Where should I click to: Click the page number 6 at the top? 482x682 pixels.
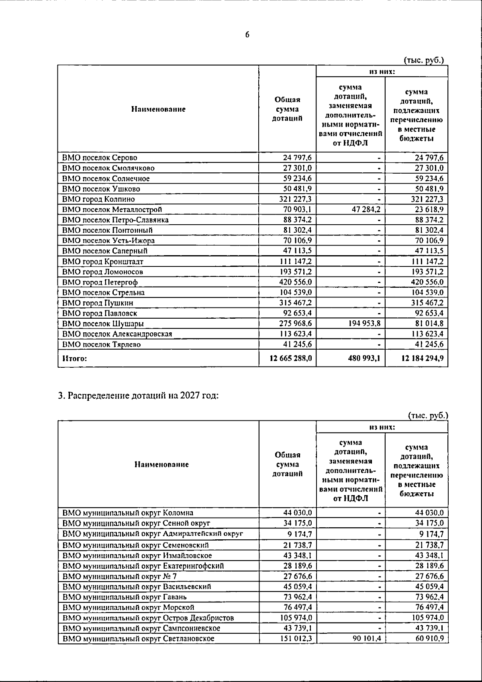pyautogui.click(x=247, y=35)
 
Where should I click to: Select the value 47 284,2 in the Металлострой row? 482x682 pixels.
pyautogui.click(x=366, y=209)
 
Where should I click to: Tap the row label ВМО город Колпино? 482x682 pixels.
pyautogui.click(x=99, y=199)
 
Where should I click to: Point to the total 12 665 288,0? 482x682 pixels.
pyautogui.click(x=290, y=358)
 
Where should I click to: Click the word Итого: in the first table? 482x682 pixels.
pyautogui.click(x=74, y=358)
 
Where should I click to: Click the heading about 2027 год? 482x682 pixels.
pyautogui.click(x=139, y=395)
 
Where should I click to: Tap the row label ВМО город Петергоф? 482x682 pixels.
pyautogui.click(x=100, y=282)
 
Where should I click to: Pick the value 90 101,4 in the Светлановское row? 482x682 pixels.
pyautogui.click(x=367, y=639)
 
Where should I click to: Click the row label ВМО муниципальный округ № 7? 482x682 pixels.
pyautogui.click(x=119, y=576)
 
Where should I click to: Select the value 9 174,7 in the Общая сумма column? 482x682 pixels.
pyautogui.click(x=298, y=535)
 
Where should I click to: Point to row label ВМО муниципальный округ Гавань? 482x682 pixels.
pyautogui.click(x=124, y=597)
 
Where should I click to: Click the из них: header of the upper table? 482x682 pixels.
pyautogui.click(x=382, y=72)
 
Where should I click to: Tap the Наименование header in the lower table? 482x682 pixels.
pyautogui.click(x=161, y=465)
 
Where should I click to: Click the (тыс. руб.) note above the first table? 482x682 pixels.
pyautogui.click(x=424, y=60)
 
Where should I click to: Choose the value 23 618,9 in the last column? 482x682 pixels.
pyautogui.click(x=429, y=209)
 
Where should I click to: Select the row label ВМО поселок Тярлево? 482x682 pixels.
pyautogui.click(x=102, y=344)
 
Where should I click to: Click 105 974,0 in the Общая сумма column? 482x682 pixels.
pyautogui.click(x=296, y=618)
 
